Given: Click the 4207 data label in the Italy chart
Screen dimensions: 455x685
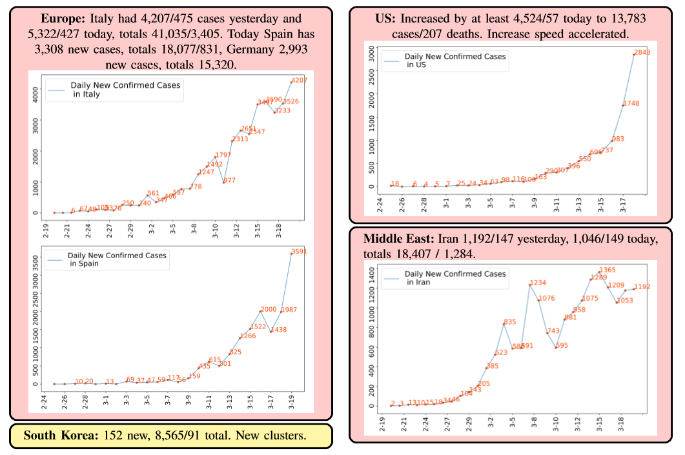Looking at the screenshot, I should pos(300,81).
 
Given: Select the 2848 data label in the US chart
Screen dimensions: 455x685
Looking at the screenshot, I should pos(642,52).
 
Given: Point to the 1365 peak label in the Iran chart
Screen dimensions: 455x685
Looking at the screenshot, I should pos(608,270).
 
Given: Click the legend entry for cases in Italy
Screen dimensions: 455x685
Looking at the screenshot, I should pos(114,89).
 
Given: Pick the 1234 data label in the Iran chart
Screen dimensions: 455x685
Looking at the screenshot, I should pos(538,283).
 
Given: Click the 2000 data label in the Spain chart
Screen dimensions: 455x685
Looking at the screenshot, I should pos(268,310).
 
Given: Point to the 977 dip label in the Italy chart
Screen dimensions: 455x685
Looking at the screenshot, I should pos(229,181).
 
